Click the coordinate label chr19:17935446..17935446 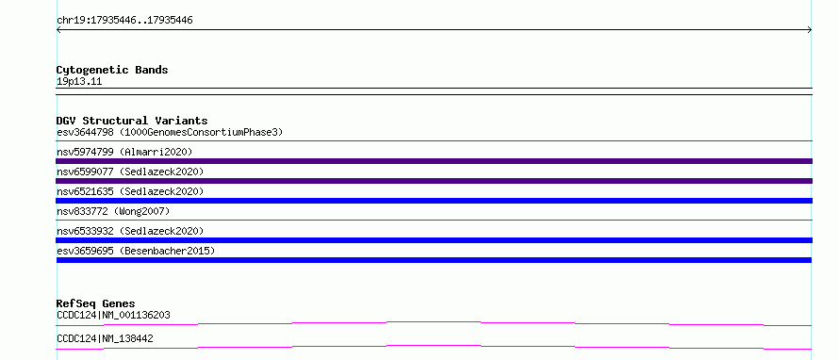(124, 21)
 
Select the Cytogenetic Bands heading (112, 70)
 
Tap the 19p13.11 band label (79, 82)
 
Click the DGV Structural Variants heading (132, 121)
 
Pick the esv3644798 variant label (85, 132)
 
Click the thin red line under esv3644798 (434, 141)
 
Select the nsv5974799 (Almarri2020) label (124, 152)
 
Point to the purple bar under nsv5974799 (434, 161)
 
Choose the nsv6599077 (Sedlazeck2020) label (130, 172)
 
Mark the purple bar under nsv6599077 (434, 181)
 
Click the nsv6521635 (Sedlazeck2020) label (130, 191)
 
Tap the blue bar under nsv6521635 (434, 201)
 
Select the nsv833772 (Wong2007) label (113, 211)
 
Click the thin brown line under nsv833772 (434, 220)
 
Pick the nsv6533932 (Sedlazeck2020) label (130, 231)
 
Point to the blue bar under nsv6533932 (434, 240)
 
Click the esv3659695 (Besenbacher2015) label (136, 251)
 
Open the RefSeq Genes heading (96, 303)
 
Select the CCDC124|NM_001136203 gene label (113, 315)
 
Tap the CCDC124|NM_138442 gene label (105, 338)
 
